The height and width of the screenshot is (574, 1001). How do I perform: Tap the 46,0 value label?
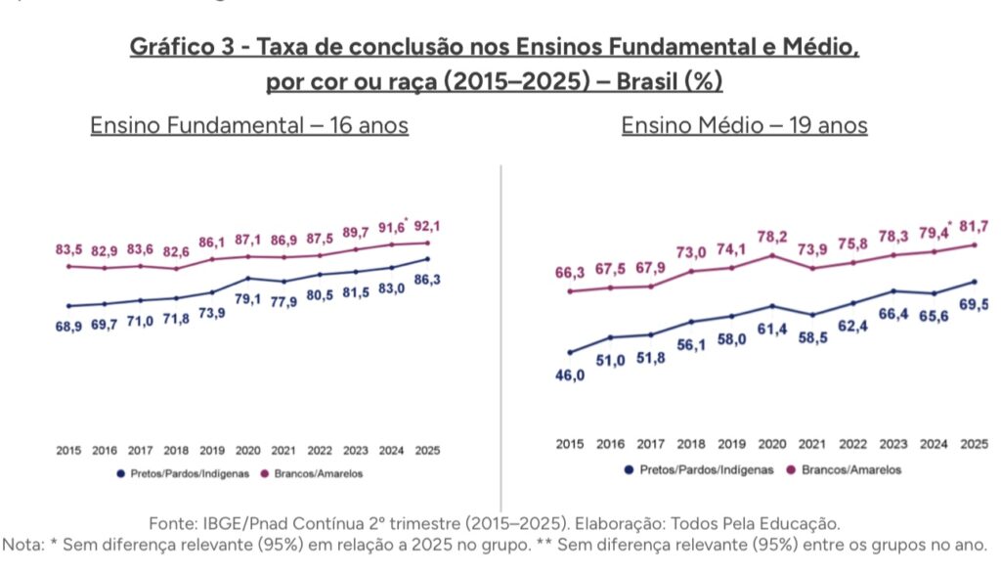coord(570,375)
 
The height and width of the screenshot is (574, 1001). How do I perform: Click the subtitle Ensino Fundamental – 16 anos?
coord(249,126)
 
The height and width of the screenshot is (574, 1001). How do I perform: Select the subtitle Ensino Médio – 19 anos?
coord(744,126)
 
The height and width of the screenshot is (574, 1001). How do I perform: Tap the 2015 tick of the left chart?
coord(68,451)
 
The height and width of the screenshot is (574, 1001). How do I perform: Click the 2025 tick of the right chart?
coord(974,444)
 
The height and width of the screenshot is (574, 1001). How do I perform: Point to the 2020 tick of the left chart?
coord(247,451)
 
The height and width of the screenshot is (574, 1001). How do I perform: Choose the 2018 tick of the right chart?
coord(691,444)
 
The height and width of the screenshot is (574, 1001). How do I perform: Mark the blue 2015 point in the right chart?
coord(570,352)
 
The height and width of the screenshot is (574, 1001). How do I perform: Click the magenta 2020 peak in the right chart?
coord(772,255)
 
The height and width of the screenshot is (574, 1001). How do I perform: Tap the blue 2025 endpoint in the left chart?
coord(427,259)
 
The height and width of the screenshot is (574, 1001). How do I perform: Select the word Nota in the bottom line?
coord(24,545)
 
